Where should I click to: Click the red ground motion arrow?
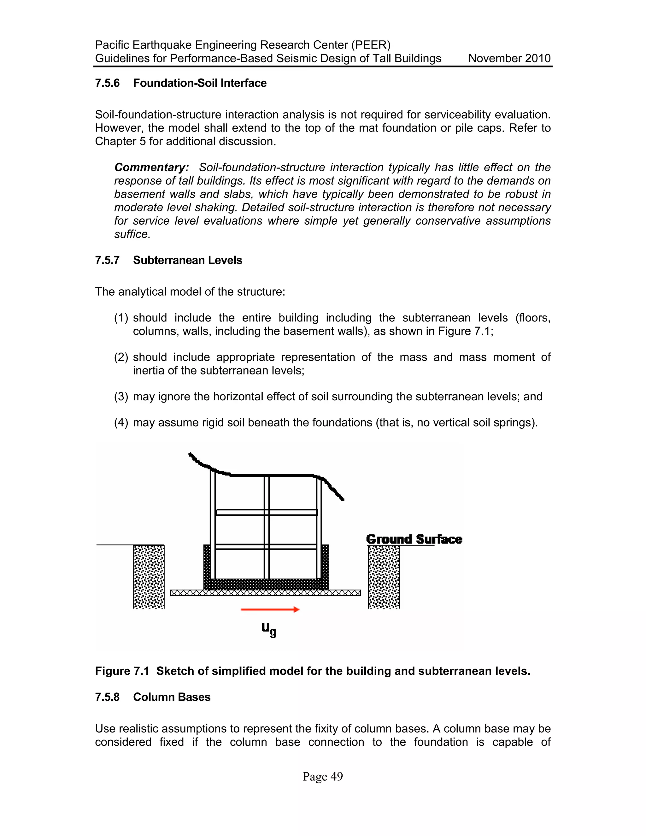[x=270, y=609]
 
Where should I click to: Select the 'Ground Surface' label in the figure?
[x=414, y=539]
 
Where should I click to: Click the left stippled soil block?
[x=149, y=576]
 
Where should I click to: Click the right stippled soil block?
[x=384, y=576]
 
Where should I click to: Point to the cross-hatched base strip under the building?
[x=265, y=593]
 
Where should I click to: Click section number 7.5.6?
[x=107, y=83]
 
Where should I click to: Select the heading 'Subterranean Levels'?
[x=188, y=260]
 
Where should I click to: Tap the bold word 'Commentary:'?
[x=151, y=167]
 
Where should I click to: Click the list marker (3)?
[x=121, y=397]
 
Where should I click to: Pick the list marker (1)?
[x=121, y=318]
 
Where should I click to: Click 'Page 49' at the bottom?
[x=323, y=777]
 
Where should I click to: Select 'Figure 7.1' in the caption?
[x=122, y=671]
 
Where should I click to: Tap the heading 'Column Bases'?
[x=172, y=697]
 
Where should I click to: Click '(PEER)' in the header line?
[x=371, y=45]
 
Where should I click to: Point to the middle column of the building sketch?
[x=267, y=528]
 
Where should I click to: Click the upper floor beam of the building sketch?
[x=267, y=512]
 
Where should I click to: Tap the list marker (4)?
[x=121, y=423]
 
